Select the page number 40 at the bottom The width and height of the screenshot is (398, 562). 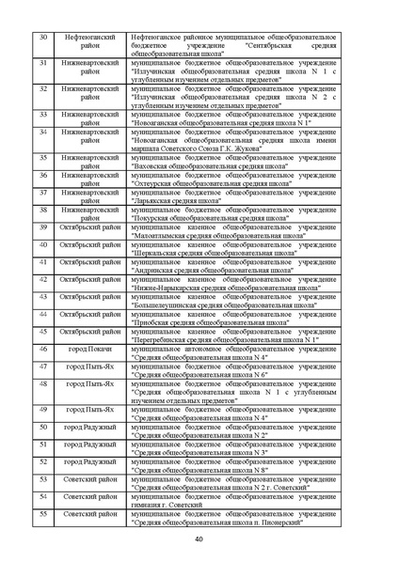tap(199, 539)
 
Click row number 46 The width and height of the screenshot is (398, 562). tap(43, 347)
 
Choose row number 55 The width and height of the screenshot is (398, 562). tap(43, 514)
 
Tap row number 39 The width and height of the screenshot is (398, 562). tap(43, 226)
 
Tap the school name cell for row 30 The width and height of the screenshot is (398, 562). tap(233, 45)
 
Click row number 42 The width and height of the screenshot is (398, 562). tap(43, 279)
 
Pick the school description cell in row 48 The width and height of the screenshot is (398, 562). tap(233, 392)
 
